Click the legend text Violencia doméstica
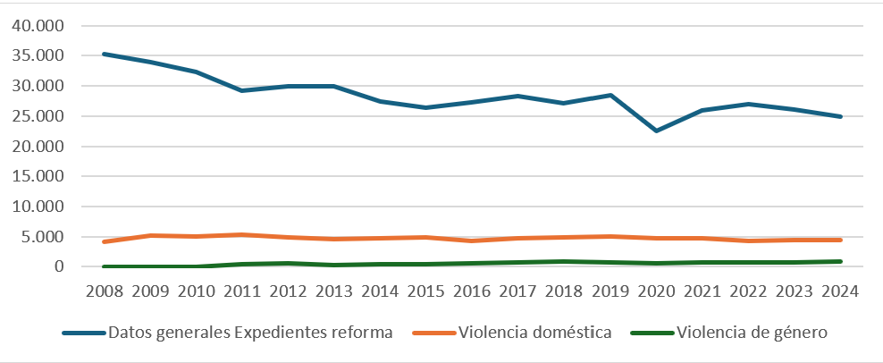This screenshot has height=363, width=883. click(534, 333)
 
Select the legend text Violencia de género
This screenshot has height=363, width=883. click(753, 333)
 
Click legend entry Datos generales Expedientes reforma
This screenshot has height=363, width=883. click(250, 333)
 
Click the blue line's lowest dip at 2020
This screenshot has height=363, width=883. click(657, 131)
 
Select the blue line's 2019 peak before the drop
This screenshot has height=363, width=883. click(610, 95)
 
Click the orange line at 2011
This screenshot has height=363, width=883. click(242, 234)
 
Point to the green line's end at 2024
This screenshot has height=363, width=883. click(841, 261)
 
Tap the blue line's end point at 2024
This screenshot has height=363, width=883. click(841, 116)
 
